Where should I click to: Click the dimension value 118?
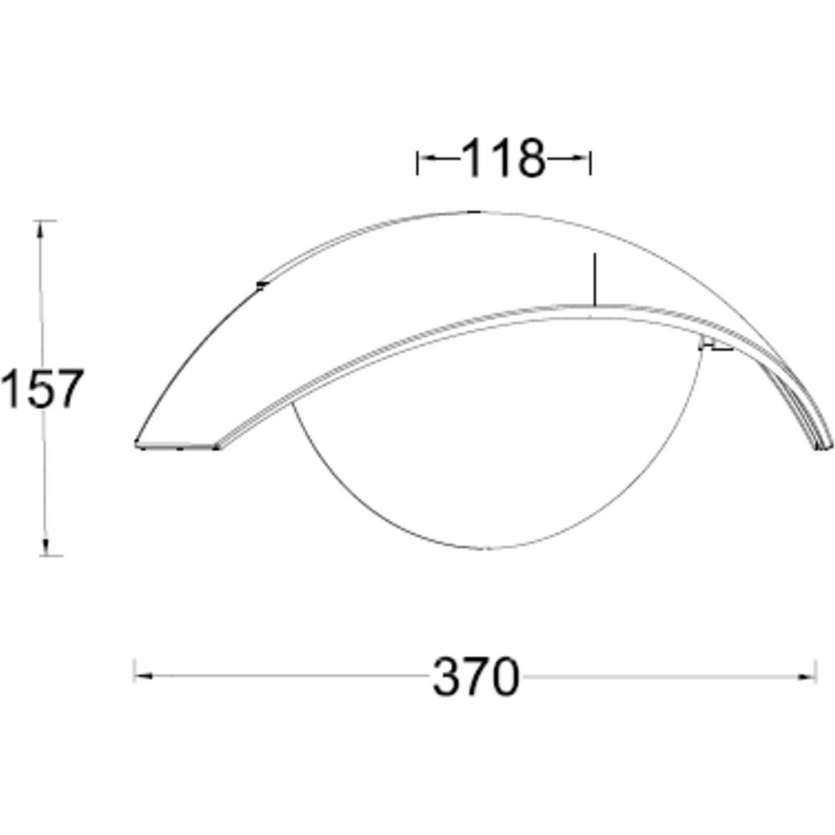pos(503,158)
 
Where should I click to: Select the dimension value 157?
pos(42,388)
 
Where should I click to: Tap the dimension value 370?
pos(475,677)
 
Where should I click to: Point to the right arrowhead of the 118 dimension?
pos(581,158)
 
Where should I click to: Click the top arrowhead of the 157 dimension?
pos(40,230)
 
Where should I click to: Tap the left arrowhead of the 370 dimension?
pos(145,676)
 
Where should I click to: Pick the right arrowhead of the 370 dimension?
pos(806,677)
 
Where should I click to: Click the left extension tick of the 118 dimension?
pos(417,163)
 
